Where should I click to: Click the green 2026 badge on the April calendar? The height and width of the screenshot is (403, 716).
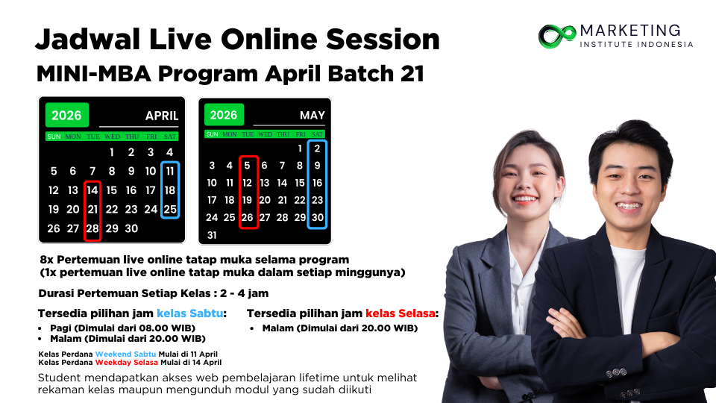(66, 115)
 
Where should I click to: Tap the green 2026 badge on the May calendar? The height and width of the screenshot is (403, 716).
(224, 115)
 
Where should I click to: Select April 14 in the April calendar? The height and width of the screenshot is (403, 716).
(92, 190)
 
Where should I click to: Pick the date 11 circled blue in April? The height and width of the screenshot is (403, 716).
(170, 172)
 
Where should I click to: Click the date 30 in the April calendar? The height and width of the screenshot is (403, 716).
(131, 228)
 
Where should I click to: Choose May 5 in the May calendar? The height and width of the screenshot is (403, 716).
(247, 166)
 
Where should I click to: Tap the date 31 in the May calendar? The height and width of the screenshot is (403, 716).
(212, 235)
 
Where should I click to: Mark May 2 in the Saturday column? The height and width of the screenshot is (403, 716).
(317, 149)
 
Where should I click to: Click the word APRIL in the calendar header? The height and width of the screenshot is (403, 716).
(162, 116)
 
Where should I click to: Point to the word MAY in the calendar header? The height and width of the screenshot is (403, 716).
(313, 115)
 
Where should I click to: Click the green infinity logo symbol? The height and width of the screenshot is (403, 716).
(557, 36)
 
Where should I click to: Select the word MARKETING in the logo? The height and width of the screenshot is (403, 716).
(630, 31)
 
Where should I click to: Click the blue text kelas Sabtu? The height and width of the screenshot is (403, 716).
(190, 313)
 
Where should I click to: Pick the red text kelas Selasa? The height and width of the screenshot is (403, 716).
(400, 313)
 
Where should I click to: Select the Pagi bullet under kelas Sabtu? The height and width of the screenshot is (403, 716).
(123, 328)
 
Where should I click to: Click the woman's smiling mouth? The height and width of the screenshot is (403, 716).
(524, 199)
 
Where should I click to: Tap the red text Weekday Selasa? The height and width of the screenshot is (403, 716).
(127, 363)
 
